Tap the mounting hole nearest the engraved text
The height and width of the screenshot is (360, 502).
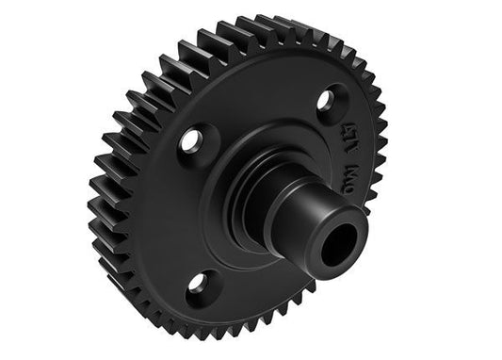pos(324,98)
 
